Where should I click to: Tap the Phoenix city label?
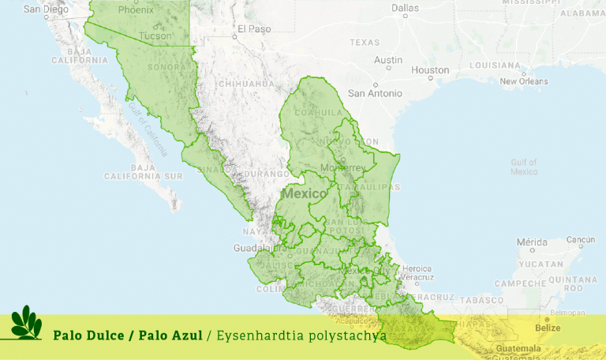[136, 10]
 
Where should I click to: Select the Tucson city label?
[155, 36]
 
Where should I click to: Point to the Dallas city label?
[405, 9]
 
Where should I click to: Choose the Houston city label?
[430, 70]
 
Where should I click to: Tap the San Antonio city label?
[375, 93]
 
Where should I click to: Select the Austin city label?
[388, 60]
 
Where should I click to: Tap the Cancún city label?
[580, 240]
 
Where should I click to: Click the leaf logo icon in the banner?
[26, 324]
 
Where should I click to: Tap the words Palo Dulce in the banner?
[89, 336]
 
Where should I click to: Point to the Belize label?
[547, 328]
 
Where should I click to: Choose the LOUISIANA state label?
[495, 65]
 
